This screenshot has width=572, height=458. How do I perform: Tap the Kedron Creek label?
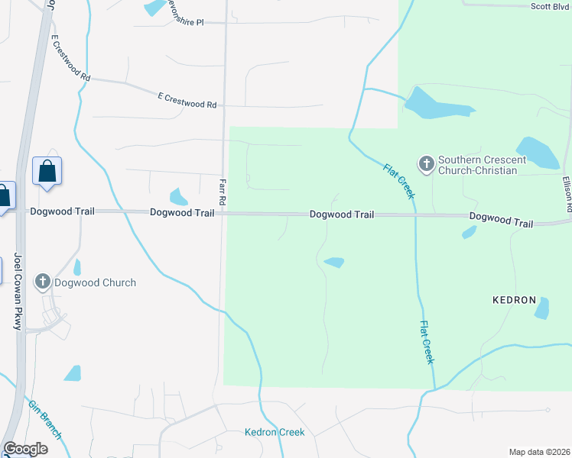click(x=275, y=432)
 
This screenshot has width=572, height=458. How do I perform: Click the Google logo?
click(x=25, y=449)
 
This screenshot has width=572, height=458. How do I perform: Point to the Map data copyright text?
click(x=538, y=452)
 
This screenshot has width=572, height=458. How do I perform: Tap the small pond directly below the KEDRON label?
click(x=542, y=308)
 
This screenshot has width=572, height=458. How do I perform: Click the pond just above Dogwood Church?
click(x=76, y=267)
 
